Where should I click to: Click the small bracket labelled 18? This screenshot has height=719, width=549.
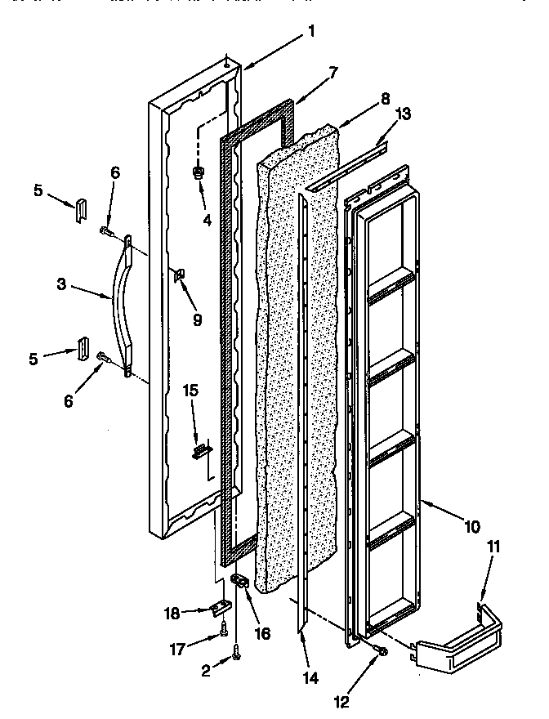point(219,609)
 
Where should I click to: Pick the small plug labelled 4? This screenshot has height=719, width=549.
point(199,173)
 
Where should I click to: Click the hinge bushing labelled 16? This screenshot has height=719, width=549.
point(242,582)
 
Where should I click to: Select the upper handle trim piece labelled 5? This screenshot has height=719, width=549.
point(79,209)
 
